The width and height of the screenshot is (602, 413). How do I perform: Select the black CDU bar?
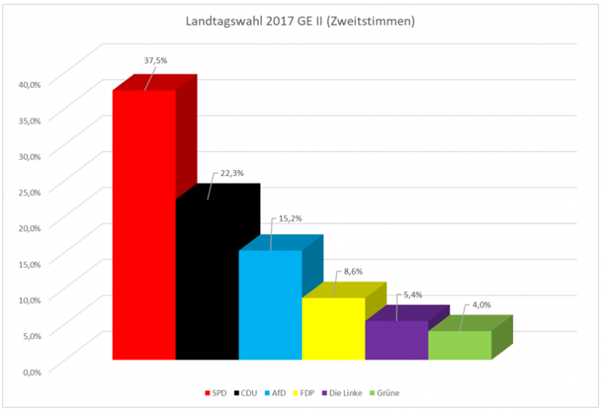(x=207, y=279)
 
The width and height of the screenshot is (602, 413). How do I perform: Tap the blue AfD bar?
(x=270, y=305)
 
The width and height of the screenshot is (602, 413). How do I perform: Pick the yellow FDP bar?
(x=333, y=329)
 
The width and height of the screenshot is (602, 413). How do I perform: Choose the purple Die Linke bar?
(x=397, y=340)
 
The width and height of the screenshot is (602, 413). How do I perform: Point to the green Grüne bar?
(x=460, y=345)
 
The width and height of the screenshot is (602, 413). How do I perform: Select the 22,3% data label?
(x=230, y=173)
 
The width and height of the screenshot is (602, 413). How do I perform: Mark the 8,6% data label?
(x=353, y=270)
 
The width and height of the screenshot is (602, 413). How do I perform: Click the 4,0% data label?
(x=483, y=305)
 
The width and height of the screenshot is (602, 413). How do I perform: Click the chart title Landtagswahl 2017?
(x=300, y=21)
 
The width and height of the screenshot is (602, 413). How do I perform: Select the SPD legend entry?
(x=217, y=392)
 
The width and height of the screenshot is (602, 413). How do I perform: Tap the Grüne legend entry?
(x=396, y=392)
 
